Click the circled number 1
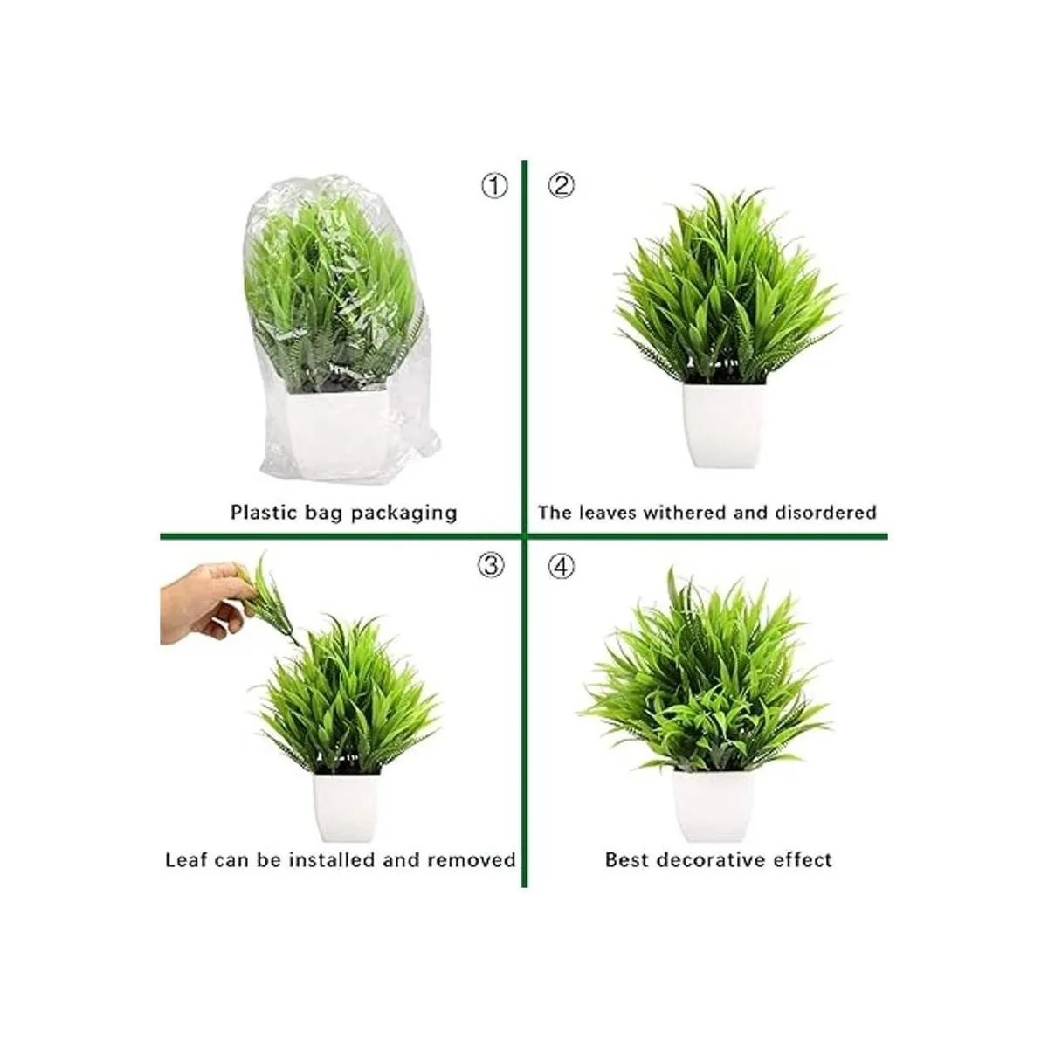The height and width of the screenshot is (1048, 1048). (x=493, y=186)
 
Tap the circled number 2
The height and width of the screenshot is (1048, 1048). (x=561, y=186)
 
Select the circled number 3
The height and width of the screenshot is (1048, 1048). (x=491, y=566)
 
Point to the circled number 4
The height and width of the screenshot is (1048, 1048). (x=561, y=566)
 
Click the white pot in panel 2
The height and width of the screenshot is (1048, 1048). (x=725, y=424)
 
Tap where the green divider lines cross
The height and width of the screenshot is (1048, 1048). (x=524, y=536)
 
